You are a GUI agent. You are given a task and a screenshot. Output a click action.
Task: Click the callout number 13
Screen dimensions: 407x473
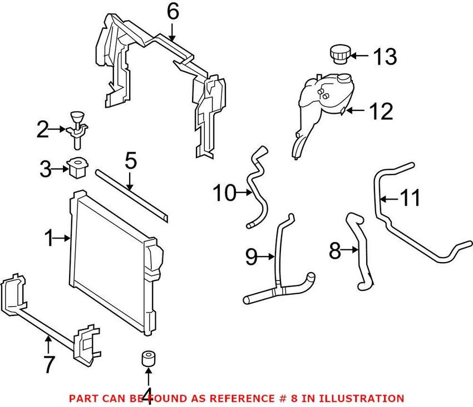click(385, 56)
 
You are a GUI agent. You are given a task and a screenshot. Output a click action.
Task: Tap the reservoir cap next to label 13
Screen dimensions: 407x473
click(338, 56)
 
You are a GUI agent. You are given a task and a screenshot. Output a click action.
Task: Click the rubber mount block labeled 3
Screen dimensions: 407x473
click(77, 167)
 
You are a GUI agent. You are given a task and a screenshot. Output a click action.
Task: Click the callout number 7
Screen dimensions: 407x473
click(49, 365)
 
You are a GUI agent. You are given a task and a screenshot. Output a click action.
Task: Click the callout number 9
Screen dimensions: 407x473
click(252, 256)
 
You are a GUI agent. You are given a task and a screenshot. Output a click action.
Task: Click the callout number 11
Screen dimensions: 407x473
click(411, 198)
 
